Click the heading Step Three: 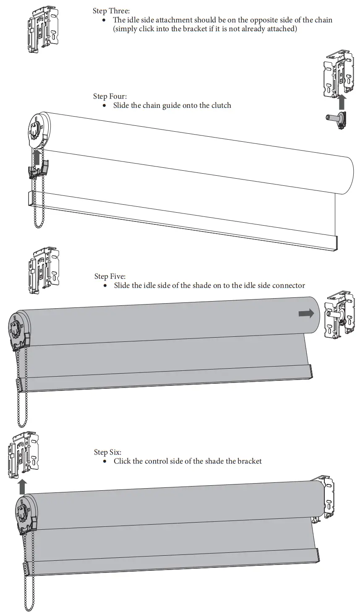click(111, 11)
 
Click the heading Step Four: click(110, 96)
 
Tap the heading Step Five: click(110, 276)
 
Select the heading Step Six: click(108, 452)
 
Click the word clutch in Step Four click(221, 106)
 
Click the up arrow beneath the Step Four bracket click(342, 102)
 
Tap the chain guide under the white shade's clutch click(39, 170)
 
